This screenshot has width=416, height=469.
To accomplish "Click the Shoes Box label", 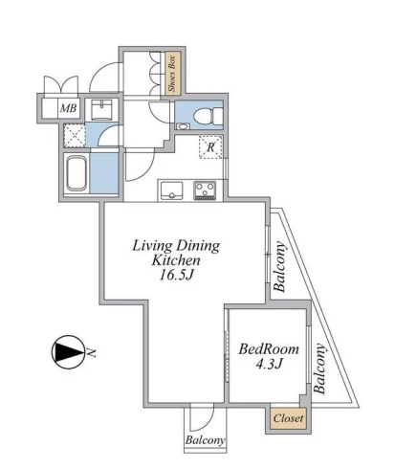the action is pos(172,74).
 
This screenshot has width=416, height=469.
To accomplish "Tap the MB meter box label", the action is pos(69,108).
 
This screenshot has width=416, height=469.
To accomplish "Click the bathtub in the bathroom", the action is pos(77,173).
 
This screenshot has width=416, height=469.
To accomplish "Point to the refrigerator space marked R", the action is pos(210,147).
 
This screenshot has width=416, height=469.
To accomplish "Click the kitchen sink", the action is pos(171,190).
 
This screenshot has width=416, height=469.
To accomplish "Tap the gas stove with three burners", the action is pos(205,190).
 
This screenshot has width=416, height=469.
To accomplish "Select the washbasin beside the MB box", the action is pos(101,110).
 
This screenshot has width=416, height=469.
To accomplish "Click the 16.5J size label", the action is pos(176,275).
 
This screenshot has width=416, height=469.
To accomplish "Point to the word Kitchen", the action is pos(176,260).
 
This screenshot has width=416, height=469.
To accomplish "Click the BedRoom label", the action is pos(269,349).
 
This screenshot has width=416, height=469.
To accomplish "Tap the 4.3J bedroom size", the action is pos(270,364).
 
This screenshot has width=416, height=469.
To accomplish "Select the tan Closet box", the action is pos(288,418).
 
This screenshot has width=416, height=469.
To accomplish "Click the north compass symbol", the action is pos(69,352).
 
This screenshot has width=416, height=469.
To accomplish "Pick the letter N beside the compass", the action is pos(92,352).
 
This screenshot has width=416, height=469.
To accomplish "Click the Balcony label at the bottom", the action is pos(205,440).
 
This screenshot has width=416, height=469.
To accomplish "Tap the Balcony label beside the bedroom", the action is pos(319,368).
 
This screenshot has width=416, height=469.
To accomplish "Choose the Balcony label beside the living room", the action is pos(279,267).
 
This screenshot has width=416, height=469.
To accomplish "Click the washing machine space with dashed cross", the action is pos(75,135).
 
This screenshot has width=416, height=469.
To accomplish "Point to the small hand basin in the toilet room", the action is pos(183,126).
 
